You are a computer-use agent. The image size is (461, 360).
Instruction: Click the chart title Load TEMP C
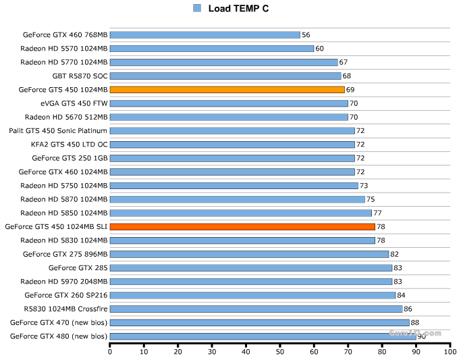tap(238, 8)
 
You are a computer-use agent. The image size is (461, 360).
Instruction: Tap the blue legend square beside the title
tap(197, 8)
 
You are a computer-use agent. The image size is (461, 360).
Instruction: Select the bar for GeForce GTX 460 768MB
tap(205, 34)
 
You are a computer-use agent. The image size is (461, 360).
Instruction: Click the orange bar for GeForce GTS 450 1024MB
tap(227, 89)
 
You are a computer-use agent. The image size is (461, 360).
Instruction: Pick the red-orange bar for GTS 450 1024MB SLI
tap(242, 226)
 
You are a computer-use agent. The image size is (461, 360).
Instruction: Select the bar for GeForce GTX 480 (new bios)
tap(263, 336)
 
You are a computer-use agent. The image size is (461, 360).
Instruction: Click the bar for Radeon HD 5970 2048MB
tap(251, 281)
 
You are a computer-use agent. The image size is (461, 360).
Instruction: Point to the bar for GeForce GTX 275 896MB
tap(249, 254)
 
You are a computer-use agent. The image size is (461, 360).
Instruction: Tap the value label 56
tap(306, 34)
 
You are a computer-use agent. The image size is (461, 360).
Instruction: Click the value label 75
tap(371, 199)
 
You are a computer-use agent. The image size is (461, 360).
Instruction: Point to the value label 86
tap(408, 309)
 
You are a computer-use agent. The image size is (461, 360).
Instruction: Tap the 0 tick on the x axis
tap(110, 351)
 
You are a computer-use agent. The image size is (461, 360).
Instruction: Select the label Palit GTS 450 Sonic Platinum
tap(58, 130)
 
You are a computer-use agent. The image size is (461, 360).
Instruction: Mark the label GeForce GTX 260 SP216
tap(66, 295)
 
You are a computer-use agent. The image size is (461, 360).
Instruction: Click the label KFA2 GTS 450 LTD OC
tap(69, 145)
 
